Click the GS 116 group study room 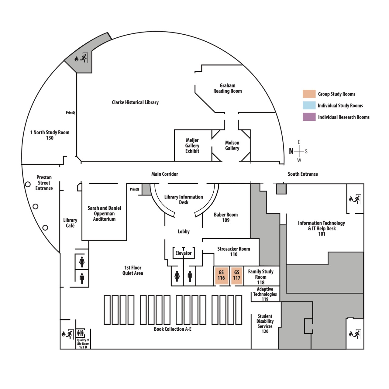tap(221, 275)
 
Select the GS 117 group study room tap(237, 275)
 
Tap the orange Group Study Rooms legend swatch tap(309, 94)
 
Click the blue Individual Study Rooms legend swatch tap(309, 105)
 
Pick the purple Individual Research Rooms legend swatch tap(309, 117)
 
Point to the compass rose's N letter tap(291, 151)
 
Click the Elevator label tap(184, 253)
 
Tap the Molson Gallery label tap(232, 146)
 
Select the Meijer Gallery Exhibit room tap(192, 146)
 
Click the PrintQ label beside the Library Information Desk tap(134, 189)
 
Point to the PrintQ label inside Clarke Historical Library tap(70, 113)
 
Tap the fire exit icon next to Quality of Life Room tap(67, 334)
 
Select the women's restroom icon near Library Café tap(82, 262)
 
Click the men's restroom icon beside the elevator tap(190, 276)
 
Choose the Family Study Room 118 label tap(261, 277)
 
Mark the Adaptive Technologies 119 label tap(265, 294)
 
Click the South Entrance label tap(303, 174)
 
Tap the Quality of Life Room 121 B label tap(83, 344)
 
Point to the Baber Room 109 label tap(226, 217)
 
